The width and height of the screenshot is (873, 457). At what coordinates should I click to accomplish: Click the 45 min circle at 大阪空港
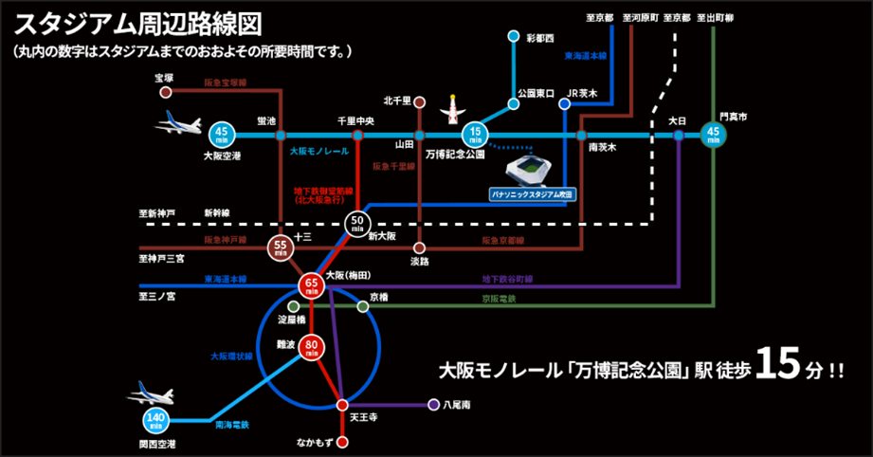[x=221, y=136]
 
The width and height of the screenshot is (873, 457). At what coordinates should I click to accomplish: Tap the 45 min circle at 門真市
[x=714, y=136]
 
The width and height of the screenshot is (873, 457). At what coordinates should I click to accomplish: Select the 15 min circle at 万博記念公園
[x=478, y=136]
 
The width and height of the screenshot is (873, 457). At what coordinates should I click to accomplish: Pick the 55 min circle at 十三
[x=280, y=248]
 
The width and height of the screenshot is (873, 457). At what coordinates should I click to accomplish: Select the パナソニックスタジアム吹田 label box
[x=532, y=193]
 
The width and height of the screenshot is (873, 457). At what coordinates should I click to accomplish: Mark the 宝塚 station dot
[x=166, y=93]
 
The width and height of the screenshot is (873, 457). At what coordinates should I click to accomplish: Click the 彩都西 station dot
[x=513, y=37]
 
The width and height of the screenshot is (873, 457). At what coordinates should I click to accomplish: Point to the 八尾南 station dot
[x=433, y=405]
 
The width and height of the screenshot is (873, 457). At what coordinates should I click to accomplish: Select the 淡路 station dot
[x=418, y=247]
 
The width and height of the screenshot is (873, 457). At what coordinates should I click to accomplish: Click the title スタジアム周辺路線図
[x=138, y=23]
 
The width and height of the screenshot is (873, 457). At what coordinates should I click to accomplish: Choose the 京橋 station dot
[x=362, y=307]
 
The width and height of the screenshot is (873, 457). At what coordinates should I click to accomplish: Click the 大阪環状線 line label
[x=231, y=356]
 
